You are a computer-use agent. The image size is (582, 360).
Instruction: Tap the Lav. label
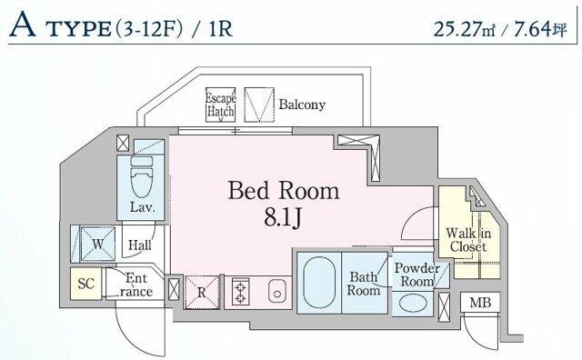143,207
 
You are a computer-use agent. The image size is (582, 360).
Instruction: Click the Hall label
139,245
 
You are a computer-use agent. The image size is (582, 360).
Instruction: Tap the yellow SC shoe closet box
86,284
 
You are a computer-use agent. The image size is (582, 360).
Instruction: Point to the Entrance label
137,285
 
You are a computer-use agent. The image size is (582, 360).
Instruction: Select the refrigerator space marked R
202,292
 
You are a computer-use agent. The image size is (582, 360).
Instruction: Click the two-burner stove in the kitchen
242,292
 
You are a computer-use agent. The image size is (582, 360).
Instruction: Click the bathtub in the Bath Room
317,284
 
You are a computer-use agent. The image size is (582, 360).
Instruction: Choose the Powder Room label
416,275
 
